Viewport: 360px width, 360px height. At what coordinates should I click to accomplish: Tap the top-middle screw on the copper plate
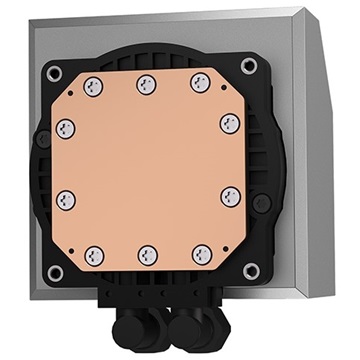(146, 83)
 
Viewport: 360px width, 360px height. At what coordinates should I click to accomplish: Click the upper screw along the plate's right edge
(226, 123)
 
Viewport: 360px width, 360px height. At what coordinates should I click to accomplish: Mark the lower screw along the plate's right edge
(226, 195)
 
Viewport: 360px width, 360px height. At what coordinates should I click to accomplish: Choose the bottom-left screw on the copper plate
(95, 253)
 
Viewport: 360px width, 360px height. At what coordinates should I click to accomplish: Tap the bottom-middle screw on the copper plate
(147, 254)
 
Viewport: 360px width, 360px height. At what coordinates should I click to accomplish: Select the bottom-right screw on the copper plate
(200, 253)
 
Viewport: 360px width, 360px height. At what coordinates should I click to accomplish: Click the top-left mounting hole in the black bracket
(53, 72)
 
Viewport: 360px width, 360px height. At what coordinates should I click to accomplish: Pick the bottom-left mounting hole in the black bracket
(56, 271)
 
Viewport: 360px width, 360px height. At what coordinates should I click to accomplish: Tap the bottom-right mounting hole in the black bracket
(251, 271)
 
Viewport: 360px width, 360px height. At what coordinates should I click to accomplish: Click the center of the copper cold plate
(147, 168)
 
